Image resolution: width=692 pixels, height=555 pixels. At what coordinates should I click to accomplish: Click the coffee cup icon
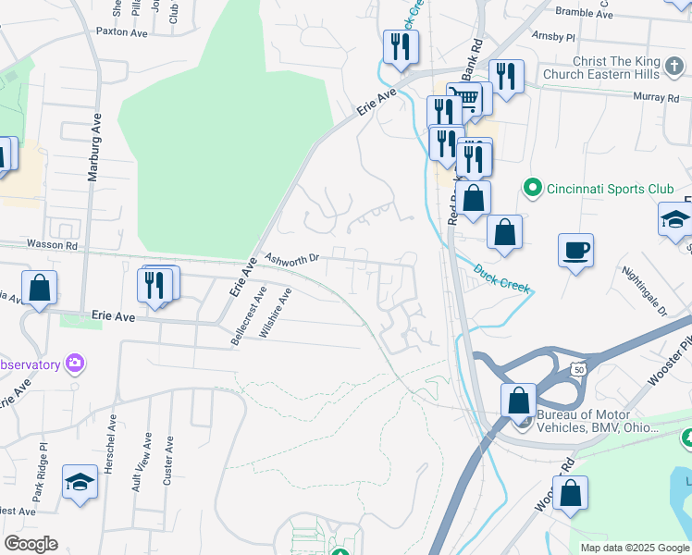click(x=575, y=250)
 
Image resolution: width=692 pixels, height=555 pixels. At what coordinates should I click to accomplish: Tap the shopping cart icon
click(x=468, y=98)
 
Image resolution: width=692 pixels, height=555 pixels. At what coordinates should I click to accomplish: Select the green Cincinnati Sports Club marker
click(x=532, y=189)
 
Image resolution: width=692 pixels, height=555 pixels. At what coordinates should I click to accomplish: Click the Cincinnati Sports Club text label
click(x=610, y=189)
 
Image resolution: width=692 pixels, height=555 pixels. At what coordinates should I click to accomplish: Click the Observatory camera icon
click(x=75, y=364)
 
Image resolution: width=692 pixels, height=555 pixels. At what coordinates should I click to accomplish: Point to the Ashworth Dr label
click(x=291, y=259)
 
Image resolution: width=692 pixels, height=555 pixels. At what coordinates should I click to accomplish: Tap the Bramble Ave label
click(x=584, y=13)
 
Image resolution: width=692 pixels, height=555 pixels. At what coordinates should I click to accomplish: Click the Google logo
click(x=31, y=544)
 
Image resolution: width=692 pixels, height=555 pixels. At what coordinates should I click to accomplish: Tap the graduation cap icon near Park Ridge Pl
click(x=80, y=481)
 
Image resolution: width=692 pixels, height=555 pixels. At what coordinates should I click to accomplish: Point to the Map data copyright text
click(x=634, y=548)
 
